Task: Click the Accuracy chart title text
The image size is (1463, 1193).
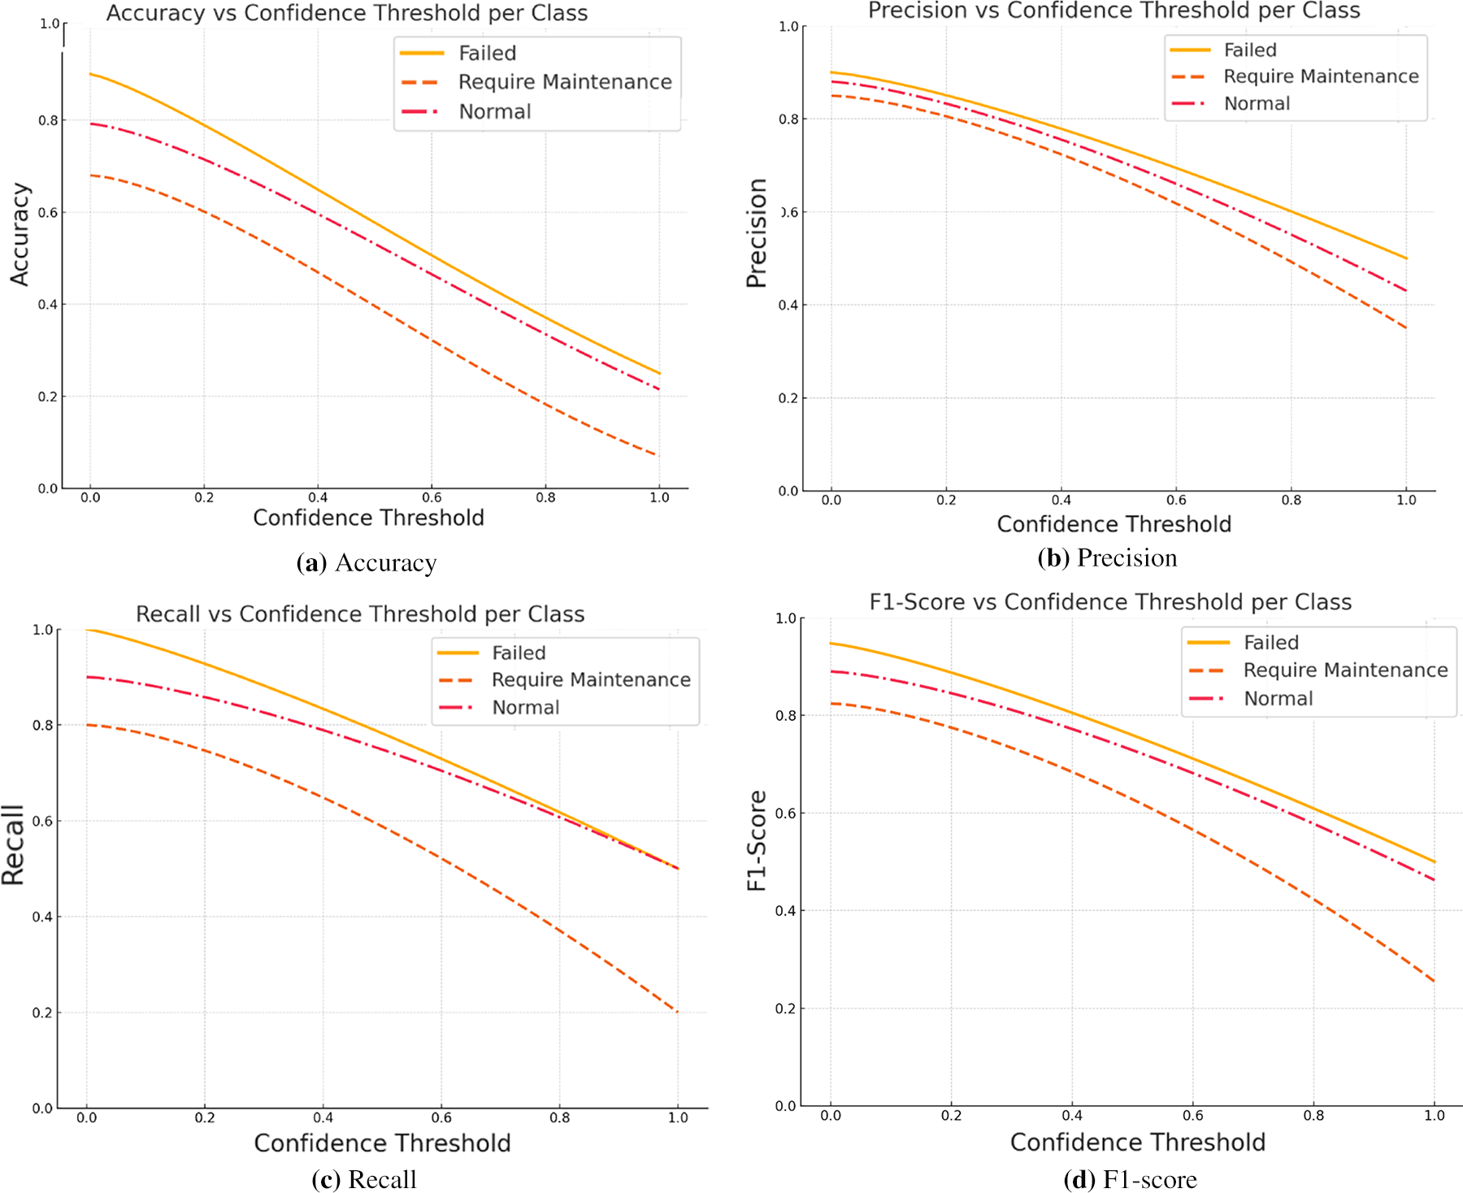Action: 347,13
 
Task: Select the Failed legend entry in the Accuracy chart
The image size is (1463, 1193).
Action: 487,53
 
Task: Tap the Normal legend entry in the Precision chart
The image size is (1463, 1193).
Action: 1257,103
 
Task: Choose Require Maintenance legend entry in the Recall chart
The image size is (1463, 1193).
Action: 591,679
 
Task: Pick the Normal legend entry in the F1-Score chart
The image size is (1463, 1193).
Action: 1278,698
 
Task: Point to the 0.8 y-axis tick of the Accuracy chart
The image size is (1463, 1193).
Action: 48,120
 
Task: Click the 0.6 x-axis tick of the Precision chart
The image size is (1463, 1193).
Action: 1176,500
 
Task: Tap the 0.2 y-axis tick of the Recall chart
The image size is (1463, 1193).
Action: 42,1013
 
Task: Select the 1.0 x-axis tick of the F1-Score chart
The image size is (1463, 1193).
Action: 1435,1115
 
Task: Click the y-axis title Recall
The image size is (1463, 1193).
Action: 14,845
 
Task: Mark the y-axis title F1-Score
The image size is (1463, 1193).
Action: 757,840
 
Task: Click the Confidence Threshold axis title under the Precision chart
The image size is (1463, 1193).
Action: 1114,524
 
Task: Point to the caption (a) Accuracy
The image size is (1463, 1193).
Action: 367,562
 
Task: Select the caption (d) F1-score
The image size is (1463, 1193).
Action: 1130,1179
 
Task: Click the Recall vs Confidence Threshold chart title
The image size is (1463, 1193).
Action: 360,614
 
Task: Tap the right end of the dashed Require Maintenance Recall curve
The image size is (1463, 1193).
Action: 677,1012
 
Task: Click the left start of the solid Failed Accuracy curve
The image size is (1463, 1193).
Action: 90,74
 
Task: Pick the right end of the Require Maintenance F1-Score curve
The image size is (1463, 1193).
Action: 1434,981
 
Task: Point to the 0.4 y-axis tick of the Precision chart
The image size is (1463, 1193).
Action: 788,305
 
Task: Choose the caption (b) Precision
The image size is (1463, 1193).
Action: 1107,557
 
